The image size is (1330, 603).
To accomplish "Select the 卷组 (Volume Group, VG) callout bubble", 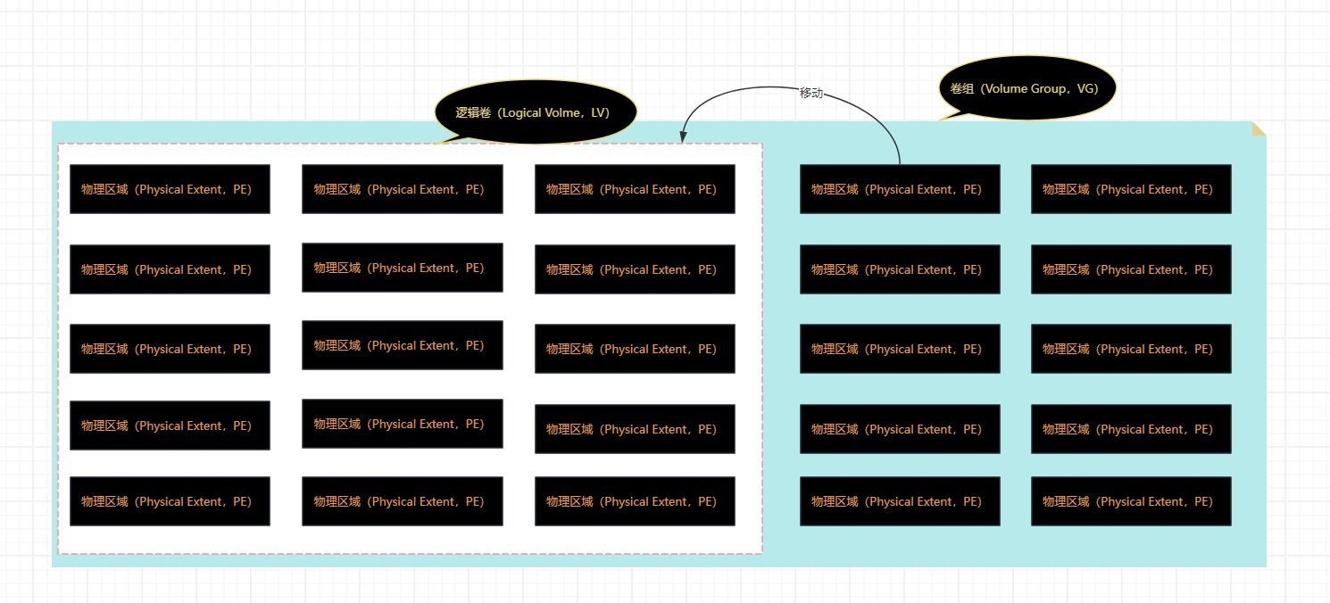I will [1027, 88].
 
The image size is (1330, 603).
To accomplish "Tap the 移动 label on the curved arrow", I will [810, 93].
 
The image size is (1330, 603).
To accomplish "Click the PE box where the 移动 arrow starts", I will [900, 189].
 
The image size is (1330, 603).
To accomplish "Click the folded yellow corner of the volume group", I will [1259, 128].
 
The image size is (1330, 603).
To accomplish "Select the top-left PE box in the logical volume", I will [170, 189].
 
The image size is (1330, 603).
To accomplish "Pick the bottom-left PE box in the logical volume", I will [170, 501].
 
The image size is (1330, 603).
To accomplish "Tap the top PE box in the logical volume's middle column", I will [403, 189].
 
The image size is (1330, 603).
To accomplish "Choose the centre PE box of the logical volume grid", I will [403, 345].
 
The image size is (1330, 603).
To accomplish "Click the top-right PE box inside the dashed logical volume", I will [635, 189].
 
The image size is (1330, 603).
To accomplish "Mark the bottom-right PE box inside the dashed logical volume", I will [635, 501].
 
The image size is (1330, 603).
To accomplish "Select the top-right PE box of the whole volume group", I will [1131, 189].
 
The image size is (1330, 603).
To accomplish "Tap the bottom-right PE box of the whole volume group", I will [1131, 501].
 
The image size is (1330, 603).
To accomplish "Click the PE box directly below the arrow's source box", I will [900, 269].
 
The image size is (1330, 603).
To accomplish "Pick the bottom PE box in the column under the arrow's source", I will [900, 501].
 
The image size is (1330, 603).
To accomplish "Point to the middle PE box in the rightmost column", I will [1131, 349].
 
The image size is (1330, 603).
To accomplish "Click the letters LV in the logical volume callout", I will [600, 112].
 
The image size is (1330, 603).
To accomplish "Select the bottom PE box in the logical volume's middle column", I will [403, 501].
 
